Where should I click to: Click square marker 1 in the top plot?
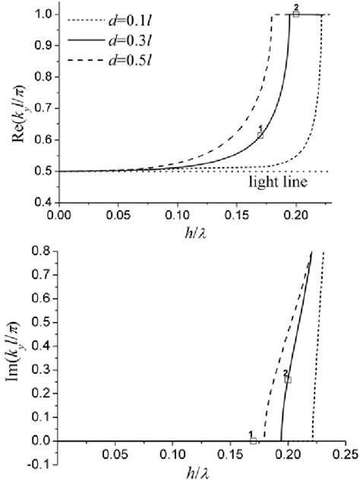[x=261, y=134]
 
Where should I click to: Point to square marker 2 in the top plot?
[x=296, y=14]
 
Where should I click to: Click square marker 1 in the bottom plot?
[x=253, y=440]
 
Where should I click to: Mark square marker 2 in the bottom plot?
[x=288, y=379]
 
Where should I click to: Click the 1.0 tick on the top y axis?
[x=43, y=14]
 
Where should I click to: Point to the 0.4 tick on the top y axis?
[x=43, y=203]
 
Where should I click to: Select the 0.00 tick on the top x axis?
[x=58, y=215]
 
